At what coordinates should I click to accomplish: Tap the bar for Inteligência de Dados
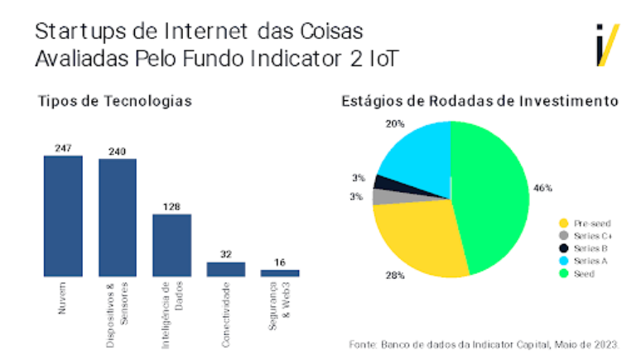coord(171,245)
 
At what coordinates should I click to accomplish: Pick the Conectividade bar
coord(226,269)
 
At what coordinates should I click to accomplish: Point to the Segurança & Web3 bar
coord(280,272)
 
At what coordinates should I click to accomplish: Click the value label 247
coord(63,148)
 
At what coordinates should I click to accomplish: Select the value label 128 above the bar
coord(171,207)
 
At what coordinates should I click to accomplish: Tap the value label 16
coord(280,262)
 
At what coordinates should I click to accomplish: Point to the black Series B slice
coord(383,182)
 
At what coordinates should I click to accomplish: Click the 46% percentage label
coord(542,188)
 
